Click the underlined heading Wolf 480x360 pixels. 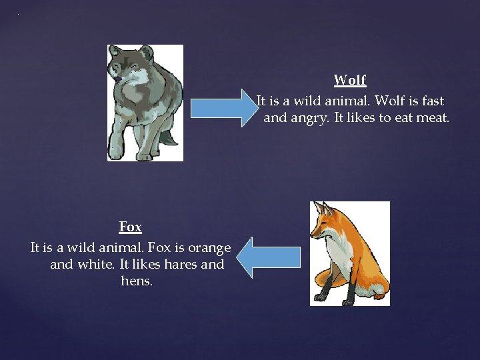point(350,81)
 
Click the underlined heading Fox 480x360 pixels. point(131,227)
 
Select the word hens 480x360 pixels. point(137,281)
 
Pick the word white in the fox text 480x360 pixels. point(95,264)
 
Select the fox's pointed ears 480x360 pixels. point(323,208)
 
